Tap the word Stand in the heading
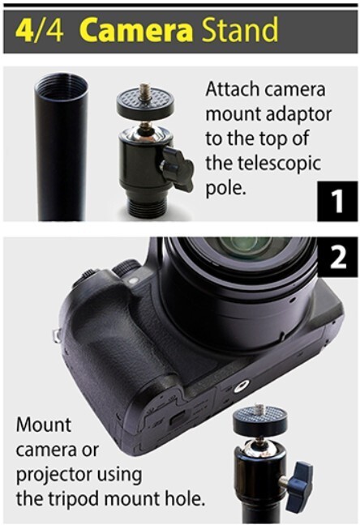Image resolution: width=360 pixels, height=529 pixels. (x=238, y=30)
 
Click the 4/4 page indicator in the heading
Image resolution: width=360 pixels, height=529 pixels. (x=36, y=30)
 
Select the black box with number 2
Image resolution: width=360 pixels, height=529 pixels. (x=333, y=258)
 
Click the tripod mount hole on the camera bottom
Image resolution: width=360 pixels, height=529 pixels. (x=241, y=388)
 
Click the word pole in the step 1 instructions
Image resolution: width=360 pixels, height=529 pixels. (x=224, y=189)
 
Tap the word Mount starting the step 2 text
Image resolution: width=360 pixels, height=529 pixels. (x=44, y=424)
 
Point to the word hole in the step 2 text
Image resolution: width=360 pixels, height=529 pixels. (x=183, y=497)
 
